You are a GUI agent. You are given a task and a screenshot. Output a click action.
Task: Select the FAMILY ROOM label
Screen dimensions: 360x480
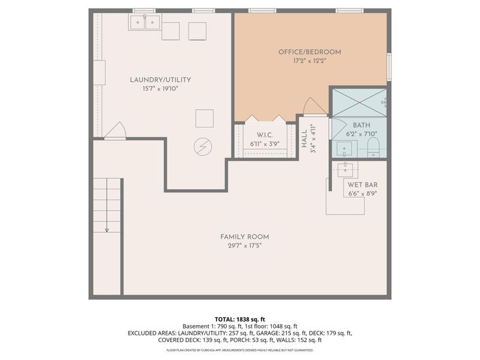(x=244, y=236)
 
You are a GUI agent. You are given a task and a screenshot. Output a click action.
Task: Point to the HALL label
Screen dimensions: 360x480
(x=305, y=138)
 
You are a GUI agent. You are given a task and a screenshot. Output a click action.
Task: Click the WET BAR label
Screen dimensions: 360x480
(x=362, y=185)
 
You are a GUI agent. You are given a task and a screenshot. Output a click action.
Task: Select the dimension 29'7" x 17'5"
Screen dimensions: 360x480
(x=244, y=245)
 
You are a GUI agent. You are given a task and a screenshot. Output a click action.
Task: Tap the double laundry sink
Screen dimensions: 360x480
(x=145, y=23)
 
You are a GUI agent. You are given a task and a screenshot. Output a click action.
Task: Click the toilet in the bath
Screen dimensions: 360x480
(x=373, y=146)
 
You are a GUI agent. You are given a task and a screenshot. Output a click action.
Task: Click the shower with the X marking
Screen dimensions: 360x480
(x=359, y=102)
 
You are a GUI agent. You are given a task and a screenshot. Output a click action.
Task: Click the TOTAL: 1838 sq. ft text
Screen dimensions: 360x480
(x=239, y=319)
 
